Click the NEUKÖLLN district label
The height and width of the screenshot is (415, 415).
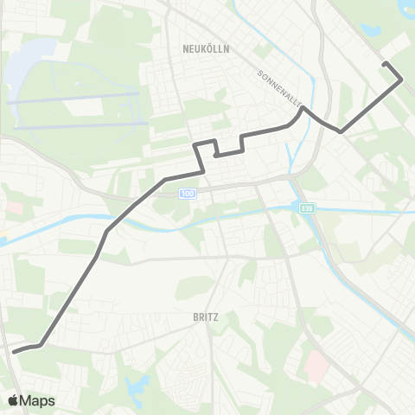(x=206, y=49)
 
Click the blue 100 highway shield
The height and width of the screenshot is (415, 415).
(x=188, y=194)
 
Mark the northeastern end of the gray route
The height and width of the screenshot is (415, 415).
(x=386, y=65)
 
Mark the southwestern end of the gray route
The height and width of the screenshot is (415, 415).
(x=14, y=351)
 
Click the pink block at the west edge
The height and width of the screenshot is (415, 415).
(x=16, y=208)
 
